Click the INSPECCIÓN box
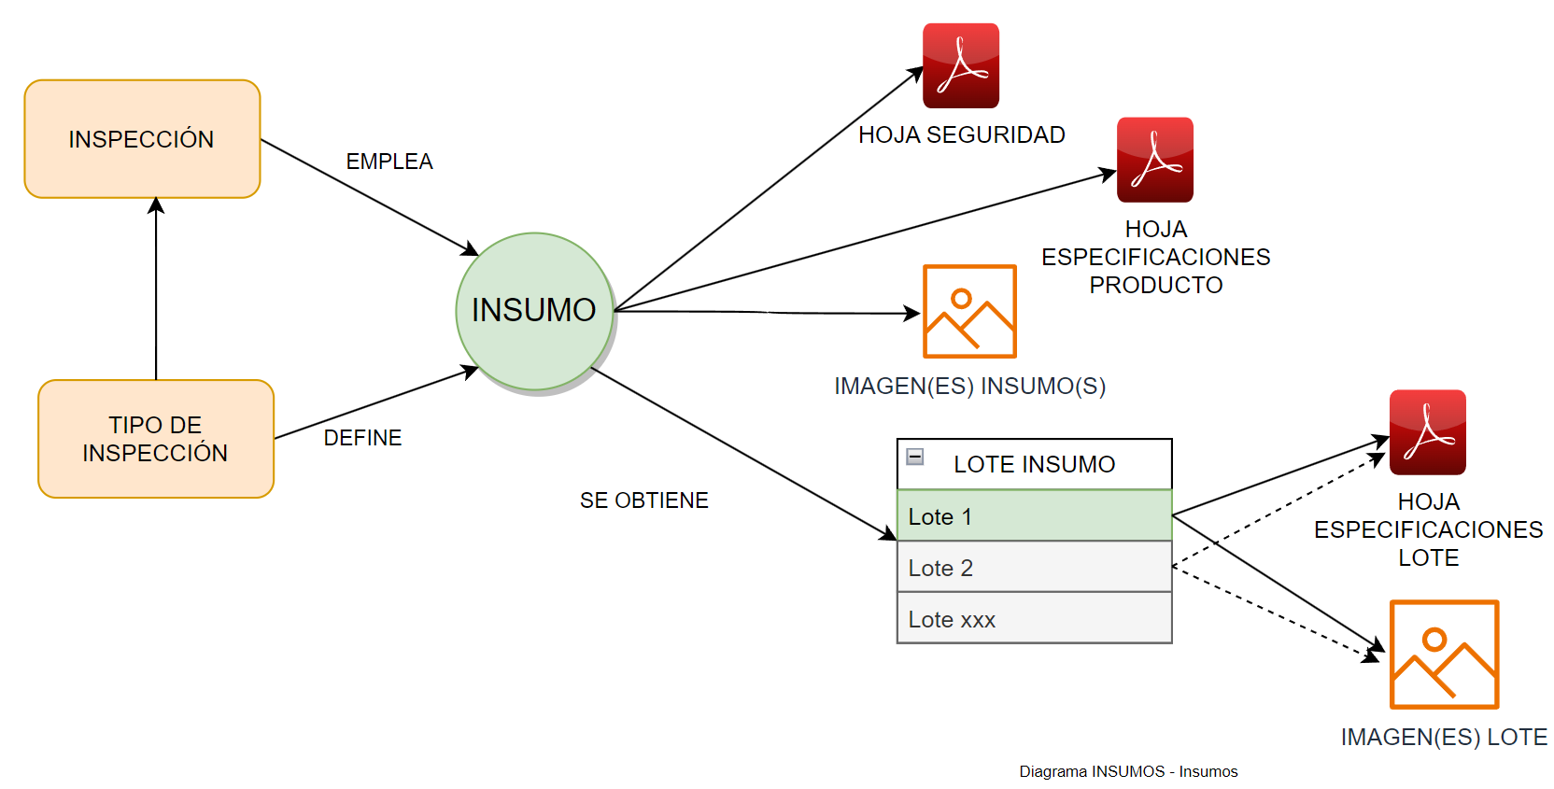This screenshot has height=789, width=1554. click(x=142, y=139)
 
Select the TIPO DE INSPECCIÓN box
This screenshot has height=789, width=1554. click(x=156, y=439)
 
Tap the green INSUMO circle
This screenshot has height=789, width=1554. click(x=534, y=311)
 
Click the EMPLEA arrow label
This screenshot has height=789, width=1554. click(x=389, y=162)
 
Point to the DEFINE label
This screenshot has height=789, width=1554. click(x=362, y=438)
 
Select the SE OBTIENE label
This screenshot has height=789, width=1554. click(x=644, y=500)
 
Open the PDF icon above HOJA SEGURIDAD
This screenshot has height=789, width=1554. click(x=961, y=66)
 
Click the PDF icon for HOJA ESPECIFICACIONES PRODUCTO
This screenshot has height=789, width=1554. click(x=1155, y=160)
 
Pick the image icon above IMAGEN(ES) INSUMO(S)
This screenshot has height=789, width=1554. click(x=969, y=311)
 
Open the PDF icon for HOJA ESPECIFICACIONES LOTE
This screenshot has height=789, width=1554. click(x=1428, y=432)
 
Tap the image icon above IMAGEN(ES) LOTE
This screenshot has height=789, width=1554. click(x=1444, y=655)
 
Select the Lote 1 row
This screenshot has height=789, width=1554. click(x=1034, y=516)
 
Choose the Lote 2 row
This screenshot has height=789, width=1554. click(x=1034, y=568)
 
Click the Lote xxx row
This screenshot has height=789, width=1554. click(x=1034, y=619)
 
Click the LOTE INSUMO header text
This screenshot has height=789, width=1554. click(x=1034, y=464)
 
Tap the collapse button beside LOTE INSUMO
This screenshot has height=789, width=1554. click(x=915, y=457)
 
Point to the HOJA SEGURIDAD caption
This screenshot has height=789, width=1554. click(x=962, y=135)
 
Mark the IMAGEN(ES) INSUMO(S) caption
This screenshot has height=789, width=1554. click(x=969, y=387)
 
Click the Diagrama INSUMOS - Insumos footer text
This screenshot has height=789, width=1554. click(x=1128, y=771)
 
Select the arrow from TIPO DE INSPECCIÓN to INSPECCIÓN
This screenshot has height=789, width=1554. click(x=156, y=289)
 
